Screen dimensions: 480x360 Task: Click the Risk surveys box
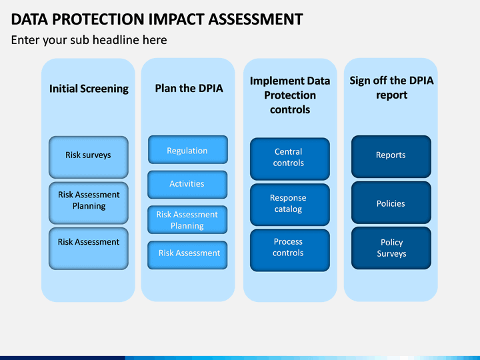click(x=89, y=157)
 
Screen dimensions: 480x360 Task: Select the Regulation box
click(x=188, y=150)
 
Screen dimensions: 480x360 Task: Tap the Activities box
click(x=187, y=185)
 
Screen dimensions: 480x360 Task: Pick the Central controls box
click(x=290, y=159)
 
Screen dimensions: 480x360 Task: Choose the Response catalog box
click(x=290, y=205)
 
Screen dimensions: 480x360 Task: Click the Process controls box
click(x=290, y=250)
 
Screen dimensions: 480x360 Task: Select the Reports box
click(x=391, y=157)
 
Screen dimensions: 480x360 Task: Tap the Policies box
click(x=391, y=203)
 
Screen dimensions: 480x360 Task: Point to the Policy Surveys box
click(x=391, y=248)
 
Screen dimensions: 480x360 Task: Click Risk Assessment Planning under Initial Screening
click(x=89, y=203)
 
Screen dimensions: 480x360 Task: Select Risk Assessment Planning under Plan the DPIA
click(x=187, y=220)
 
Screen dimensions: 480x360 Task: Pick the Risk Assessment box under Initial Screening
click(x=89, y=249)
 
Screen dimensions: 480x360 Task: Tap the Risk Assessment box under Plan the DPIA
click(x=187, y=255)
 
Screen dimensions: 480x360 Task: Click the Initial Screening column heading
click(x=89, y=89)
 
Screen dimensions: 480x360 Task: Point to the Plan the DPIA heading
click(x=189, y=88)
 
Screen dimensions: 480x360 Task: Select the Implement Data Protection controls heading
click(x=290, y=95)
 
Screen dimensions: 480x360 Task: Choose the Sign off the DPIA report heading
click(x=391, y=88)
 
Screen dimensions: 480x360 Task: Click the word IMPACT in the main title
click(x=176, y=19)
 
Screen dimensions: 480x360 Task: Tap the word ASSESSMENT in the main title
click(x=255, y=19)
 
